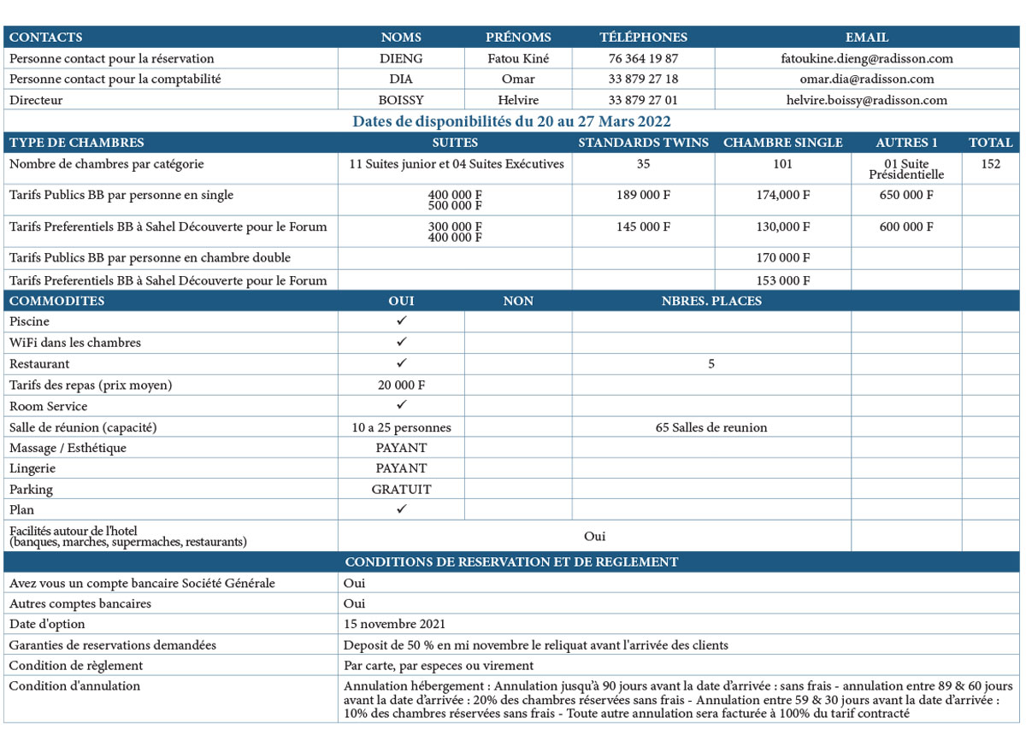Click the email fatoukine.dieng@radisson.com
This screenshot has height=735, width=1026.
(x=867, y=59)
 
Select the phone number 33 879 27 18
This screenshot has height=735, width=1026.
(x=643, y=79)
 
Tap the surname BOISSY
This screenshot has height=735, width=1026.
(x=401, y=100)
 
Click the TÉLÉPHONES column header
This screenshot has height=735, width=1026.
(x=643, y=38)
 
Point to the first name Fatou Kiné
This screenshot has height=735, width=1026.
(x=518, y=59)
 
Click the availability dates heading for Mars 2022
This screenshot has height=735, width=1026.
(x=511, y=121)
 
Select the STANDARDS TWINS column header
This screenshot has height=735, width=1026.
(x=643, y=143)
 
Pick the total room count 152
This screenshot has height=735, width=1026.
(x=991, y=164)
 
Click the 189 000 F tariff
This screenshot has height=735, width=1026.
(x=643, y=195)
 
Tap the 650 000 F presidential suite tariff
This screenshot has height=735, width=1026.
(x=906, y=195)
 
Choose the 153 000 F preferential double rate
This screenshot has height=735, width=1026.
(x=782, y=280)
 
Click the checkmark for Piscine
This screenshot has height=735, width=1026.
(x=401, y=321)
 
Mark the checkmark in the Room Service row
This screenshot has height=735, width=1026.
(x=401, y=405)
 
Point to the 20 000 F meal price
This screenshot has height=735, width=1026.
(x=401, y=385)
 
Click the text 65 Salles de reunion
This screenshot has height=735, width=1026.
(x=711, y=427)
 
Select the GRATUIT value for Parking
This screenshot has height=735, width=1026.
(x=401, y=490)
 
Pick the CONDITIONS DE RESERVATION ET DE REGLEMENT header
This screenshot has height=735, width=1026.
(x=511, y=562)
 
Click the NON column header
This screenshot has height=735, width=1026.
(x=518, y=301)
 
